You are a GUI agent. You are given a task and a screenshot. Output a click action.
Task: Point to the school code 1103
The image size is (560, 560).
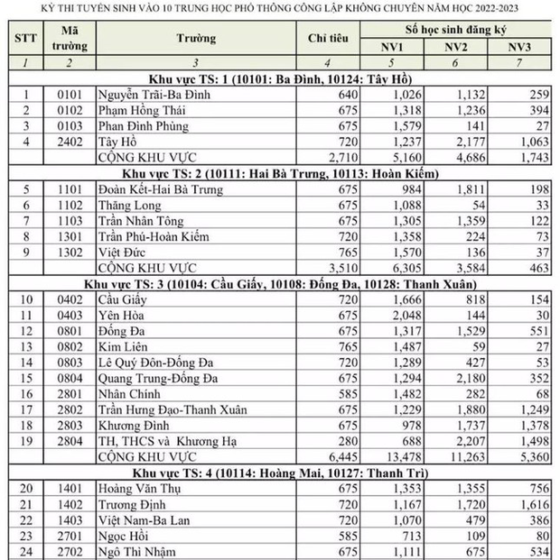point(61,219)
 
